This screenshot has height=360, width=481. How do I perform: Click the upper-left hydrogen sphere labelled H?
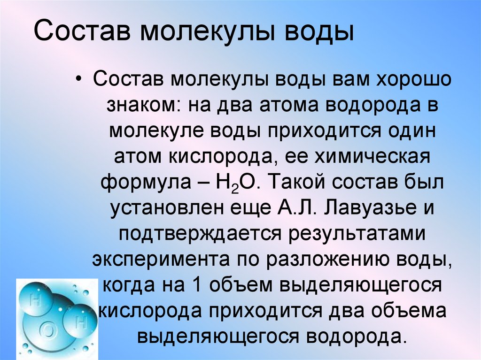34,299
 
